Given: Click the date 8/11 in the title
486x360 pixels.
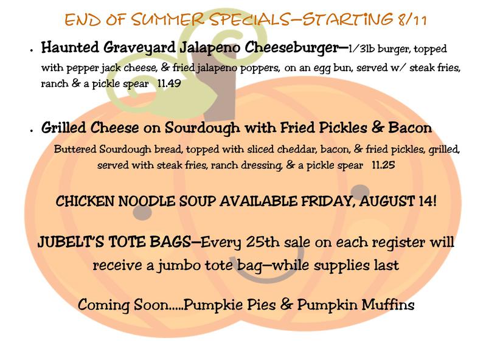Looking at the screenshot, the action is (x=412, y=19).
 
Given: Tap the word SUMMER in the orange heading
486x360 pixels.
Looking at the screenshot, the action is (x=167, y=19).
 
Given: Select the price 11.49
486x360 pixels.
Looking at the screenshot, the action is (x=169, y=83).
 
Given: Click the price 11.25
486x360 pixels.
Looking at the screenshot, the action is (x=383, y=165).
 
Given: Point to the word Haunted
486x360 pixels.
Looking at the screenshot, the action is (x=70, y=47).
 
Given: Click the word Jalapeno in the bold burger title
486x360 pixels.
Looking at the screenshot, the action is (x=210, y=48).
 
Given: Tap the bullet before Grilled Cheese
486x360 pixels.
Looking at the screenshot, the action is (x=32, y=131).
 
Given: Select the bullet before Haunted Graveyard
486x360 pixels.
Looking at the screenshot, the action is (x=32, y=50).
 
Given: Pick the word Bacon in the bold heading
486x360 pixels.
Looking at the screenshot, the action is (x=410, y=127).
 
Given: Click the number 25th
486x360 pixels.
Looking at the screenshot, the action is (x=263, y=242).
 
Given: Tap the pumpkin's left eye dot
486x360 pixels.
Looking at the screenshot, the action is (x=142, y=213).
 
